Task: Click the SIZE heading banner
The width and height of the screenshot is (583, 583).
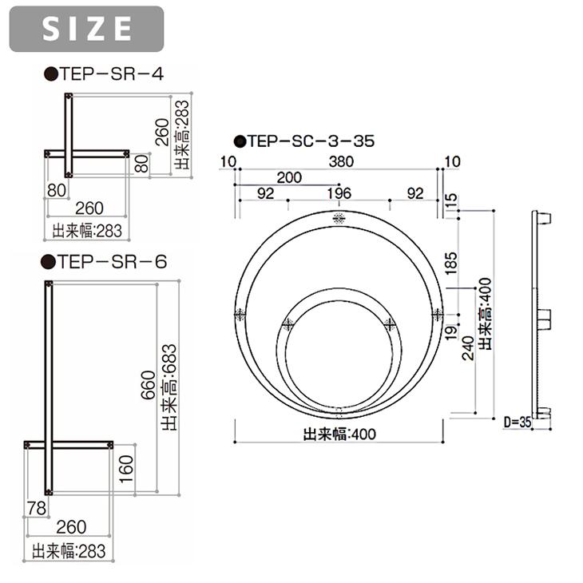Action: click(86, 29)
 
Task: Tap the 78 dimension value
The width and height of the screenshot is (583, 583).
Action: click(36, 509)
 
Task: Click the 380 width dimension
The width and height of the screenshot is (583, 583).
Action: click(340, 162)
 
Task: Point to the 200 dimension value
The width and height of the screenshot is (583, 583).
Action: click(289, 177)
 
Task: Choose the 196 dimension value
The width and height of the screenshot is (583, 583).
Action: click(339, 193)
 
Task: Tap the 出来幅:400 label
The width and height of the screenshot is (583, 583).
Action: click(339, 435)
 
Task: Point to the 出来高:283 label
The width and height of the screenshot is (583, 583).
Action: click(181, 134)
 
